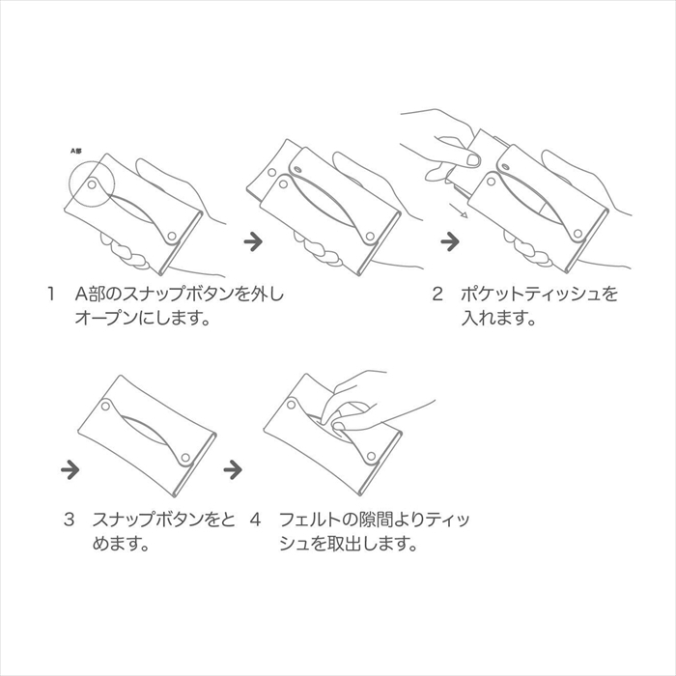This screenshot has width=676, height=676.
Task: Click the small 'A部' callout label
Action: pyautogui.click(x=76, y=151)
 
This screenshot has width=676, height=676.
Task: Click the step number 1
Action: pyautogui.click(x=51, y=295)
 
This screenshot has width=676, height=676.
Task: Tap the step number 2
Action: pyautogui.click(x=437, y=295)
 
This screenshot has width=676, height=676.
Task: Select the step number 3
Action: pyautogui.click(x=69, y=520)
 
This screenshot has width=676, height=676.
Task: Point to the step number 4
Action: pyautogui.click(x=255, y=520)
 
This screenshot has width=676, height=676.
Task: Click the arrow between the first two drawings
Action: pyautogui.click(x=253, y=241)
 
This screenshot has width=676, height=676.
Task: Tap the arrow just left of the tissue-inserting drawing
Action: pyautogui.click(x=450, y=241)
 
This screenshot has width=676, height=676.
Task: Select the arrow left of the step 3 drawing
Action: pyautogui.click(x=70, y=469)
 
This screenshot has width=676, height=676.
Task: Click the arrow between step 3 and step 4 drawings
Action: pyautogui.click(x=233, y=469)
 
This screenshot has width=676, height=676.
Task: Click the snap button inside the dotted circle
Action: pyautogui.click(x=92, y=185)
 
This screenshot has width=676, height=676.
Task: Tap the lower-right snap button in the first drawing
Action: pyautogui.click(x=172, y=236)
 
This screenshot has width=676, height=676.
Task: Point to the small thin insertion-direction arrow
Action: pyautogui.click(x=458, y=211)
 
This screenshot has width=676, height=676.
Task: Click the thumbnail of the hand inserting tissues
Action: pyautogui.click(x=473, y=160)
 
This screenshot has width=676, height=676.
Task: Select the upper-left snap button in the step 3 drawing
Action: pyautogui.click(x=105, y=406)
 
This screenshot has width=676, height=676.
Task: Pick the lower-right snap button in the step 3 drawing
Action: pyautogui.click(x=185, y=457)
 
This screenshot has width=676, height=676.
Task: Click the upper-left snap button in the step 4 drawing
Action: pyautogui.click(x=292, y=405)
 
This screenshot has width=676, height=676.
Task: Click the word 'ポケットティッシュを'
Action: pyautogui.click(x=539, y=294)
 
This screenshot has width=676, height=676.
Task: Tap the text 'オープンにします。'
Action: pyautogui.click(x=143, y=318)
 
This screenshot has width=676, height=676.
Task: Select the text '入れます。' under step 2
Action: pyautogui.click(x=498, y=318)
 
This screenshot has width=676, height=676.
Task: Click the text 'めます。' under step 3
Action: pyautogui.click(x=121, y=543)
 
